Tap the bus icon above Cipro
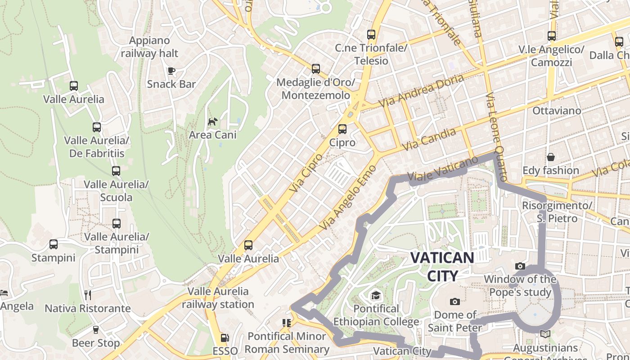(x=342, y=129)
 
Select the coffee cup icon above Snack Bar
(x=171, y=70)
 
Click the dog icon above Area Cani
(x=212, y=121)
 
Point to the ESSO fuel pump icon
(x=224, y=337)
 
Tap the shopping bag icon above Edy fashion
(x=551, y=157)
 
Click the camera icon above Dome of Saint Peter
(x=455, y=301)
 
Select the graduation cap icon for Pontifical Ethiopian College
(x=376, y=295)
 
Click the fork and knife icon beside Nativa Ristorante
(x=88, y=295)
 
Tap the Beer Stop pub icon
(x=95, y=330)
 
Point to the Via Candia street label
(x=429, y=139)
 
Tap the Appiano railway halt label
(x=149, y=47)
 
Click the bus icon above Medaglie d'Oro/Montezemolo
(x=316, y=69)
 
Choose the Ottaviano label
(x=557, y=110)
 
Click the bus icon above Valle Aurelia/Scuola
(x=116, y=171)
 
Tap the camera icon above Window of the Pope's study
(x=520, y=266)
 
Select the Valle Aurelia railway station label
(x=218, y=298)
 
